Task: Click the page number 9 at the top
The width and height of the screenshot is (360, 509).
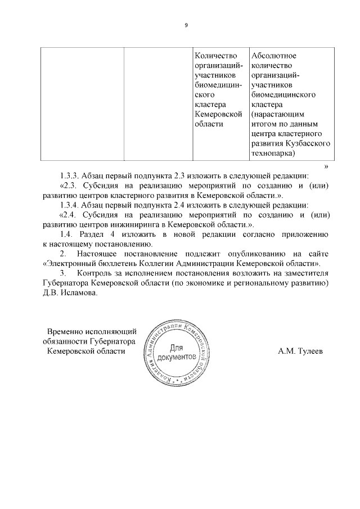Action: click(186, 25)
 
